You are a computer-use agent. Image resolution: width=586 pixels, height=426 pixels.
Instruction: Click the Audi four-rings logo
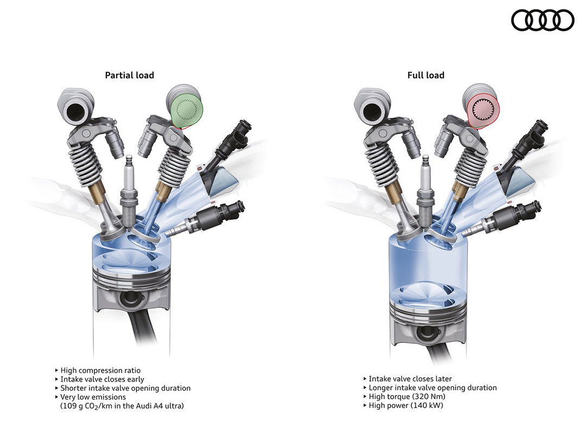tap(542, 20)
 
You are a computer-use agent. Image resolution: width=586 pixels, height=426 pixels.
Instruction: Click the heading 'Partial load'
tap(129, 75)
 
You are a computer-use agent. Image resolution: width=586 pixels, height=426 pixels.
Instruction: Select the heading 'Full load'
tap(426, 75)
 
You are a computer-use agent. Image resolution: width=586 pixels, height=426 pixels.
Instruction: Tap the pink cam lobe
tap(484, 109)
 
